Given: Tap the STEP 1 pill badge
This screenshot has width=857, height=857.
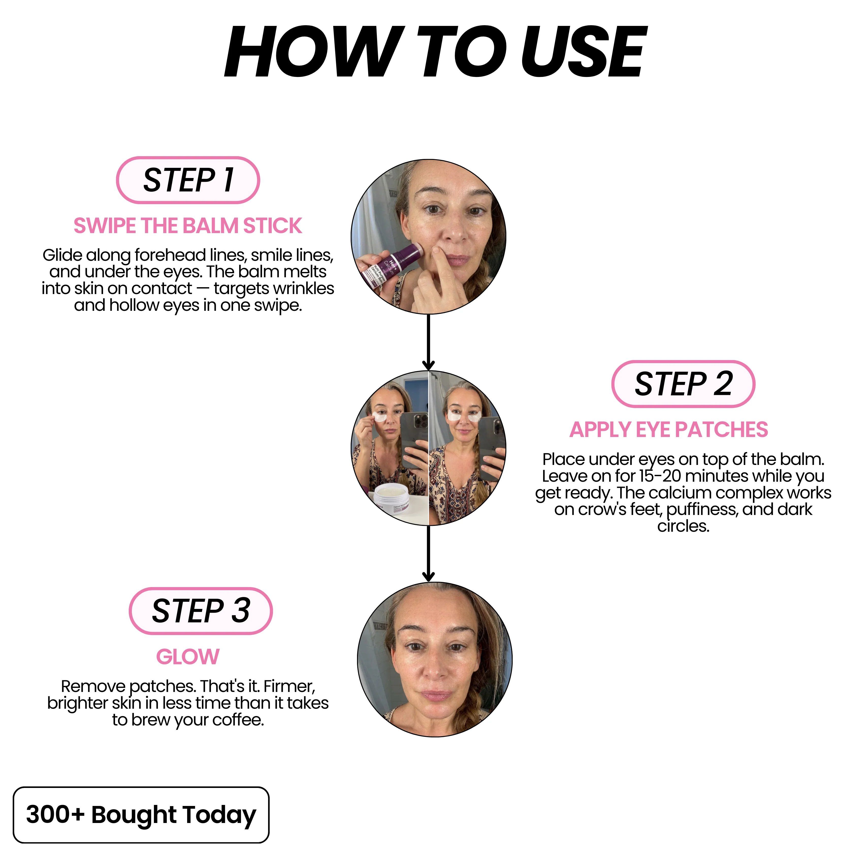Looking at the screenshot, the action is point(188,180).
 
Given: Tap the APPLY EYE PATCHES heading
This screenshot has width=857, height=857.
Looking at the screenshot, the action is point(669,430).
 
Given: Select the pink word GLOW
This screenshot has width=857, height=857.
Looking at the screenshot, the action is point(188,657).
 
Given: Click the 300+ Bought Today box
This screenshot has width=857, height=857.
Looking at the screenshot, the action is point(141,815).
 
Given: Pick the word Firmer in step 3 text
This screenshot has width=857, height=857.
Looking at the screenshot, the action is point(289,686).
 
